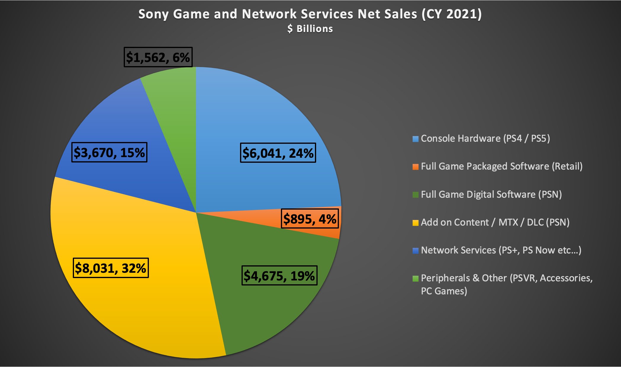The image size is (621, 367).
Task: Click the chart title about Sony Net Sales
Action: tap(310, 14)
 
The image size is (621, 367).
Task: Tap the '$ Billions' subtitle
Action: tap(310, 29)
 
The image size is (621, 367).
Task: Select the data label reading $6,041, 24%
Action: tap(278, 153)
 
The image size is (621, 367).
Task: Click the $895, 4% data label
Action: tap(310, 219)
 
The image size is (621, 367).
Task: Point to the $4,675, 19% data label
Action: tap(279, 276)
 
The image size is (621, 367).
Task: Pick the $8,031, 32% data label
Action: tap(110, 268)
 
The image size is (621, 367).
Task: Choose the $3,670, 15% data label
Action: tap(109, 152)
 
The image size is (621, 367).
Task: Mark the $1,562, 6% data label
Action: tap(158, 57)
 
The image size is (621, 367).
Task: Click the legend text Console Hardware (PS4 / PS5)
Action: tap(485, 138)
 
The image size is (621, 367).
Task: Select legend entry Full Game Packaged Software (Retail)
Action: tap(501, 166)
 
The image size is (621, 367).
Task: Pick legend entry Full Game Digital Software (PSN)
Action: tap(491, 194)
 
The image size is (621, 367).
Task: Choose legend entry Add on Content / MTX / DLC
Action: tap(495, 222)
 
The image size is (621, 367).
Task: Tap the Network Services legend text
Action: tap(501, 250)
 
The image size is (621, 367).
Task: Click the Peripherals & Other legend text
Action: tap(506, 284)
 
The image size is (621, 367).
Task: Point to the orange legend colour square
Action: tap(416, 167)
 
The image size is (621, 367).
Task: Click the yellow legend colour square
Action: tap(416, 223)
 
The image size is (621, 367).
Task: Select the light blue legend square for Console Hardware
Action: tap(416, 139)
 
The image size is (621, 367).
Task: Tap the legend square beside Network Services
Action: tap(416, 251)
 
